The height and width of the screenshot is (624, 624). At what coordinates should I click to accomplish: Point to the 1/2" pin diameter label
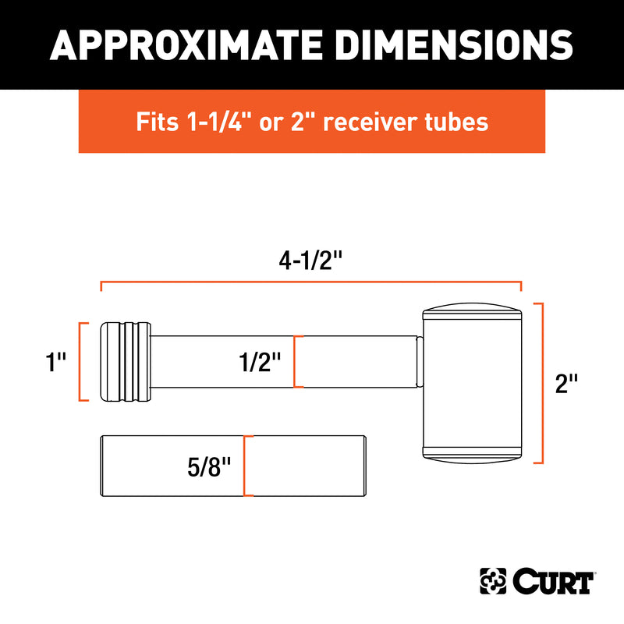pyautogui.click(x=260, y=362)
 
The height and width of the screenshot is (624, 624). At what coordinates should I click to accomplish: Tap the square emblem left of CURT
pyautogui.click(x=493, y=581)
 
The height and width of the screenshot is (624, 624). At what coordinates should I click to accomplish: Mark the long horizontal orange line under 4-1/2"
pyautogui.click(x=311, y=283)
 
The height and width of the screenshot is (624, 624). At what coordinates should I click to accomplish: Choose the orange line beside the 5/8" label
pyautogui.click(x=245, y=466)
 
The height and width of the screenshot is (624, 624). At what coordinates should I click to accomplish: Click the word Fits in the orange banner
pyautogui.click(x=155, y=122)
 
